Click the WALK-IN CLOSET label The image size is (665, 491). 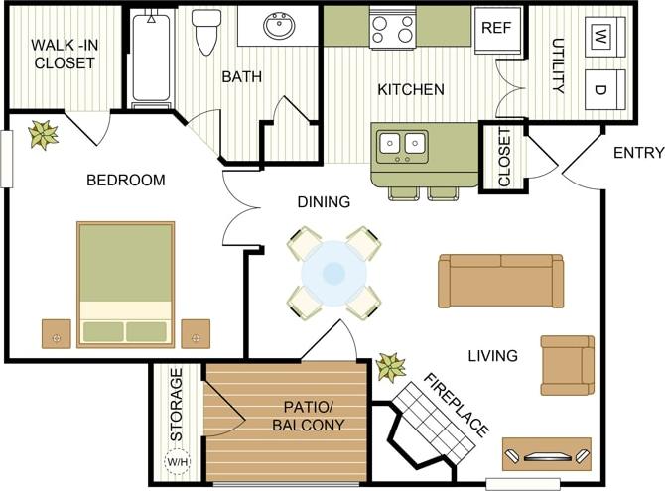64,54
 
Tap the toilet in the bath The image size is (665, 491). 206,32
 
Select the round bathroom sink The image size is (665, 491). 278,26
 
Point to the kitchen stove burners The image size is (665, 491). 391,29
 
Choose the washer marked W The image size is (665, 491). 601,37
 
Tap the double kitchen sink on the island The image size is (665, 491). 403,146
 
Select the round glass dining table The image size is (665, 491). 334,272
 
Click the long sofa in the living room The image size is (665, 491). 501,281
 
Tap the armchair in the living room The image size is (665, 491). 567,365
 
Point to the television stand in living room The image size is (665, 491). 546,454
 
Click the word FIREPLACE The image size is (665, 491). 457,406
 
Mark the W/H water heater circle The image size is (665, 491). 177,462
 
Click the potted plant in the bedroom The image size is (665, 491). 43,134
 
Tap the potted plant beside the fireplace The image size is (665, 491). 390,367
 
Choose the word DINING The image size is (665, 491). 324,202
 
